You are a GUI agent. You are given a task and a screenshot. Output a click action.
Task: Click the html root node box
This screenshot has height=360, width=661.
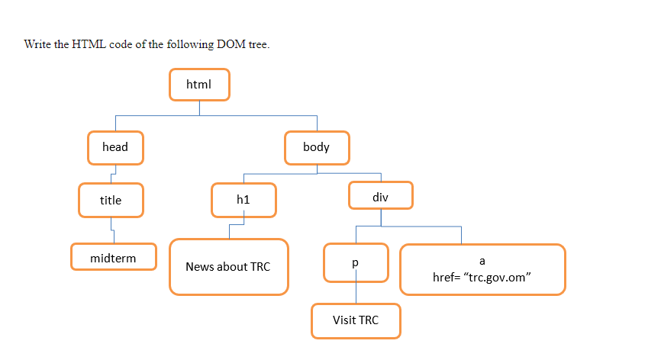pos(199,84)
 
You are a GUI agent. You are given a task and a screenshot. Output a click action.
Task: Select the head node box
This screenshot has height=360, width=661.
pos(115,147)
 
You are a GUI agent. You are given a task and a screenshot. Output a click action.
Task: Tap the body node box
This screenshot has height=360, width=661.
pos(317,147)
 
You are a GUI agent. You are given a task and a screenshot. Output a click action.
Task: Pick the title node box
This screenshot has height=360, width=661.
pos(111,200)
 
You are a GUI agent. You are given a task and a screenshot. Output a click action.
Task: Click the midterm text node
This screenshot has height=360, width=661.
pos(113,258)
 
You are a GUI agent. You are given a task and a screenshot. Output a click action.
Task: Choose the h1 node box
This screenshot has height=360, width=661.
pos(243,200)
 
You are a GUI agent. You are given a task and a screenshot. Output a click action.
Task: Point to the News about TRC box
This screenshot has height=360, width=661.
pos(228,267)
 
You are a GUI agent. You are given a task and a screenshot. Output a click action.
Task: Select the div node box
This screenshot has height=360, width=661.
pos(381,196)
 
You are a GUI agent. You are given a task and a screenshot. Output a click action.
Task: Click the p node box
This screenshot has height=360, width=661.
pos(356,262)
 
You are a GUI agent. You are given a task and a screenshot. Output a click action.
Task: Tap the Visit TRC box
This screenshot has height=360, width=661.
pos(356,320)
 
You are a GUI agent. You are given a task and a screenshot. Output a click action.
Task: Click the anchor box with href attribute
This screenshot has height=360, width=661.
pos(482,268)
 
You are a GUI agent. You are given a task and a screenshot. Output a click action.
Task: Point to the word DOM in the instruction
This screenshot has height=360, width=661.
pos(232,44)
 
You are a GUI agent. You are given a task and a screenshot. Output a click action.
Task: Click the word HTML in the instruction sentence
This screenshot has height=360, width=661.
pos(89,44)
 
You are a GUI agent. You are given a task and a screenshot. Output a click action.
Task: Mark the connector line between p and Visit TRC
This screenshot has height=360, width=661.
pos(356,292)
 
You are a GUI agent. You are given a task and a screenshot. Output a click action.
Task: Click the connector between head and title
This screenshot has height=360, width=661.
pos(113,174)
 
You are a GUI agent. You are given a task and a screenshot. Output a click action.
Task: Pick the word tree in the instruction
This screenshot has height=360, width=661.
pos(257,44)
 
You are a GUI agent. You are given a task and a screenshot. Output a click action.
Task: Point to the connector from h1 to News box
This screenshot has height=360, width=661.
pos(236,225)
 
